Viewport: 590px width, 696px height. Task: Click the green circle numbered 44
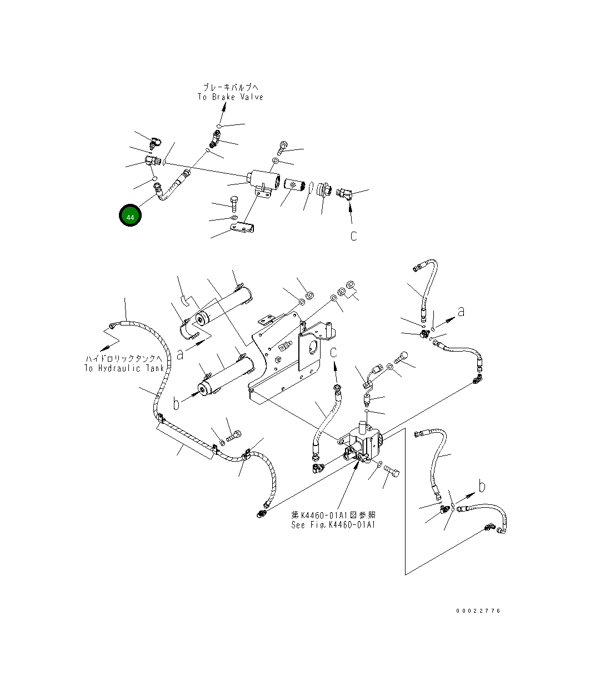(x=130, y=215)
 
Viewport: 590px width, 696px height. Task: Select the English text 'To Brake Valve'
(x=231, y=97)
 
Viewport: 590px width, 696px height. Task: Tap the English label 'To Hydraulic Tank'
(x=124, y=368)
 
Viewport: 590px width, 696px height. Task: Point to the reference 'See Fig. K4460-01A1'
(x=333, y=524)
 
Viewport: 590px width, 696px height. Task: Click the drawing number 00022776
(x=478, y=611)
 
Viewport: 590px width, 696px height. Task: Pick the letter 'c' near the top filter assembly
(x=353, y=236)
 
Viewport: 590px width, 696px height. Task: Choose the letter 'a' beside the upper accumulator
(x=180, y=355)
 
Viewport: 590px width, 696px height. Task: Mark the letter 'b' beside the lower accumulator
(x=176, y=403)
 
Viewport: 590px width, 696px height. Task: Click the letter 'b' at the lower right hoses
(x=482, y=486)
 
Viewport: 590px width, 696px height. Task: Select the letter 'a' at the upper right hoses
(x=461, y=312)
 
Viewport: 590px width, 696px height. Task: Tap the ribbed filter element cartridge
(x=294, y=188)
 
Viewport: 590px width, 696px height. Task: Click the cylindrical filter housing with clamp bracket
(x=264, y=183)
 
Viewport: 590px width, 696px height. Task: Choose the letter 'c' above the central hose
(x=333, y=353)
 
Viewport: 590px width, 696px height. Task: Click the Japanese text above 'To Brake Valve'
(x=231, y=88)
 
